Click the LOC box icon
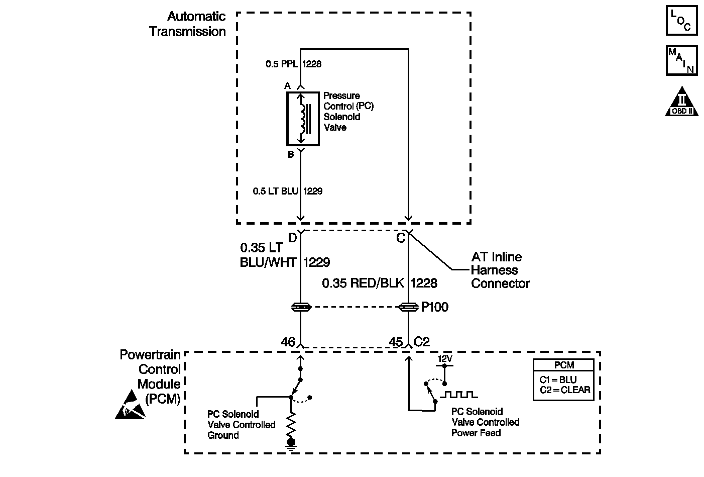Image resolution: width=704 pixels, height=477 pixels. pyautogui.click(x=682, y=21)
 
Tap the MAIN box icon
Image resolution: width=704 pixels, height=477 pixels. pyautogui.click(x=682, y=60)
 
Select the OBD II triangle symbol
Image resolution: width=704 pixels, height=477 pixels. pyautogui.click(x=682, y=102)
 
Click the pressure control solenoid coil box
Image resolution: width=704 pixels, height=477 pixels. pyautogui.click(x=303, y=119)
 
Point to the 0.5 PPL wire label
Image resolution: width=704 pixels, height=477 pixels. pyautogui.click(x=282, y=64)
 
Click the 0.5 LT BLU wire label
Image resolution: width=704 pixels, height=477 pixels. pyautogui.click(x=275, y=191)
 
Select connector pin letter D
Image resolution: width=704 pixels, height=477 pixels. pyautogui.click(x=292, y=238)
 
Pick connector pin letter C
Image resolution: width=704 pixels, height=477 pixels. pyautogui.click(x=401, y=238)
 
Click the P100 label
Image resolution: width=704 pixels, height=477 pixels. pyautogui.click(x=435, y=307)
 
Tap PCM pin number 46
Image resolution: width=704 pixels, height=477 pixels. pyautogui.click(x=288, y=342)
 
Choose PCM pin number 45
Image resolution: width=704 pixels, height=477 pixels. pyautogui.click(x=396, y=342)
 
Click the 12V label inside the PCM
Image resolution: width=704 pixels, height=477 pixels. pyautogui.click(x=445, y=359)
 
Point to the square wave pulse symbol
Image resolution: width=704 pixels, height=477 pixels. pyautogui.click(x=458, y=394)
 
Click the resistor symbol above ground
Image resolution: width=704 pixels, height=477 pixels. pyautogui.click(x=291, y=425)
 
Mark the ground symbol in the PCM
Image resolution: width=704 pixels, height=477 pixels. pyautogui.click(x=291, y=444)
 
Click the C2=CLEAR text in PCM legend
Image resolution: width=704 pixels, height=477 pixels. pyautogui.click(x=565, y=390)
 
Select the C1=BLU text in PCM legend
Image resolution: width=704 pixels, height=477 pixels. pyautogui.click(x=558, y=379)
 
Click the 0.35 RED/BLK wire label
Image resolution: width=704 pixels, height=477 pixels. pyautogui.click(x=363, y=283)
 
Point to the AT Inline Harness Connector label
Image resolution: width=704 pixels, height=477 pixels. pyautogui.click(x=500, y=270)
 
